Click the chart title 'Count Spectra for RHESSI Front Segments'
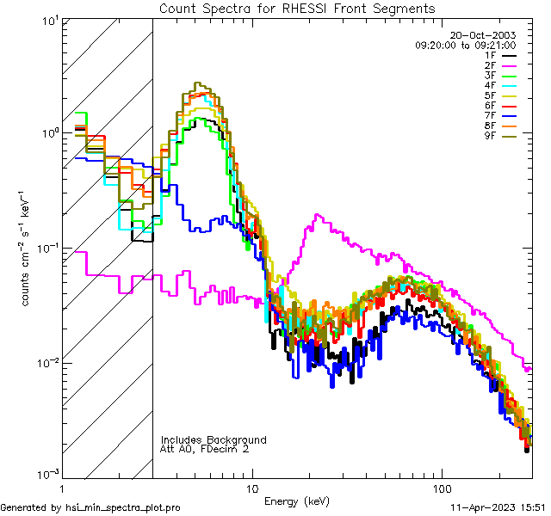[x=297, y=9]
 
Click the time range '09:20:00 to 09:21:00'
[x=465, y=45]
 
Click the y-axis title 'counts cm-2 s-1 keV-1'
[x=28, y=249]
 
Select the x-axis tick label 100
[x=441, y=487]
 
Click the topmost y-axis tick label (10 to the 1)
[x=48, y=19]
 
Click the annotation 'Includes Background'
[x=213, y=440]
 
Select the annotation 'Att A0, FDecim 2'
[x=205, y=450]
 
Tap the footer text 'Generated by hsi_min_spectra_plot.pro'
[x=90, y=508]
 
